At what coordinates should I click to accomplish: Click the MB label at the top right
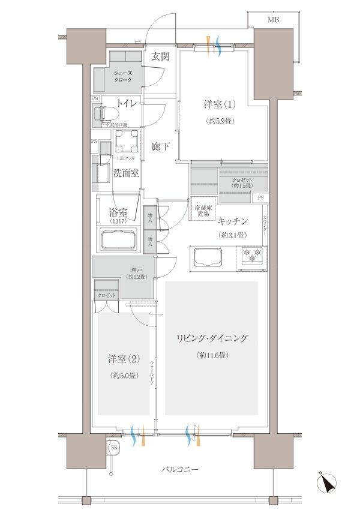pos(273,20)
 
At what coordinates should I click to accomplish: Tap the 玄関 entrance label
pos(160,57)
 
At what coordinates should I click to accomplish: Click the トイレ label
pos(126,104)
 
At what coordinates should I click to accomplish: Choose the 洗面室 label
pos(126,174)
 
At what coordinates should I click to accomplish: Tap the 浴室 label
pos(118,212)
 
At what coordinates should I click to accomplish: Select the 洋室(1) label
pos(218,104)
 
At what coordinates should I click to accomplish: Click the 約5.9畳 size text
pos(218,120)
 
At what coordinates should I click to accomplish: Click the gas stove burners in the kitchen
pos(253,256)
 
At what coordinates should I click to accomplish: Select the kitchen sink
pos(208,258)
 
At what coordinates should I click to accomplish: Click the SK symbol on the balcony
pos(113,447)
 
